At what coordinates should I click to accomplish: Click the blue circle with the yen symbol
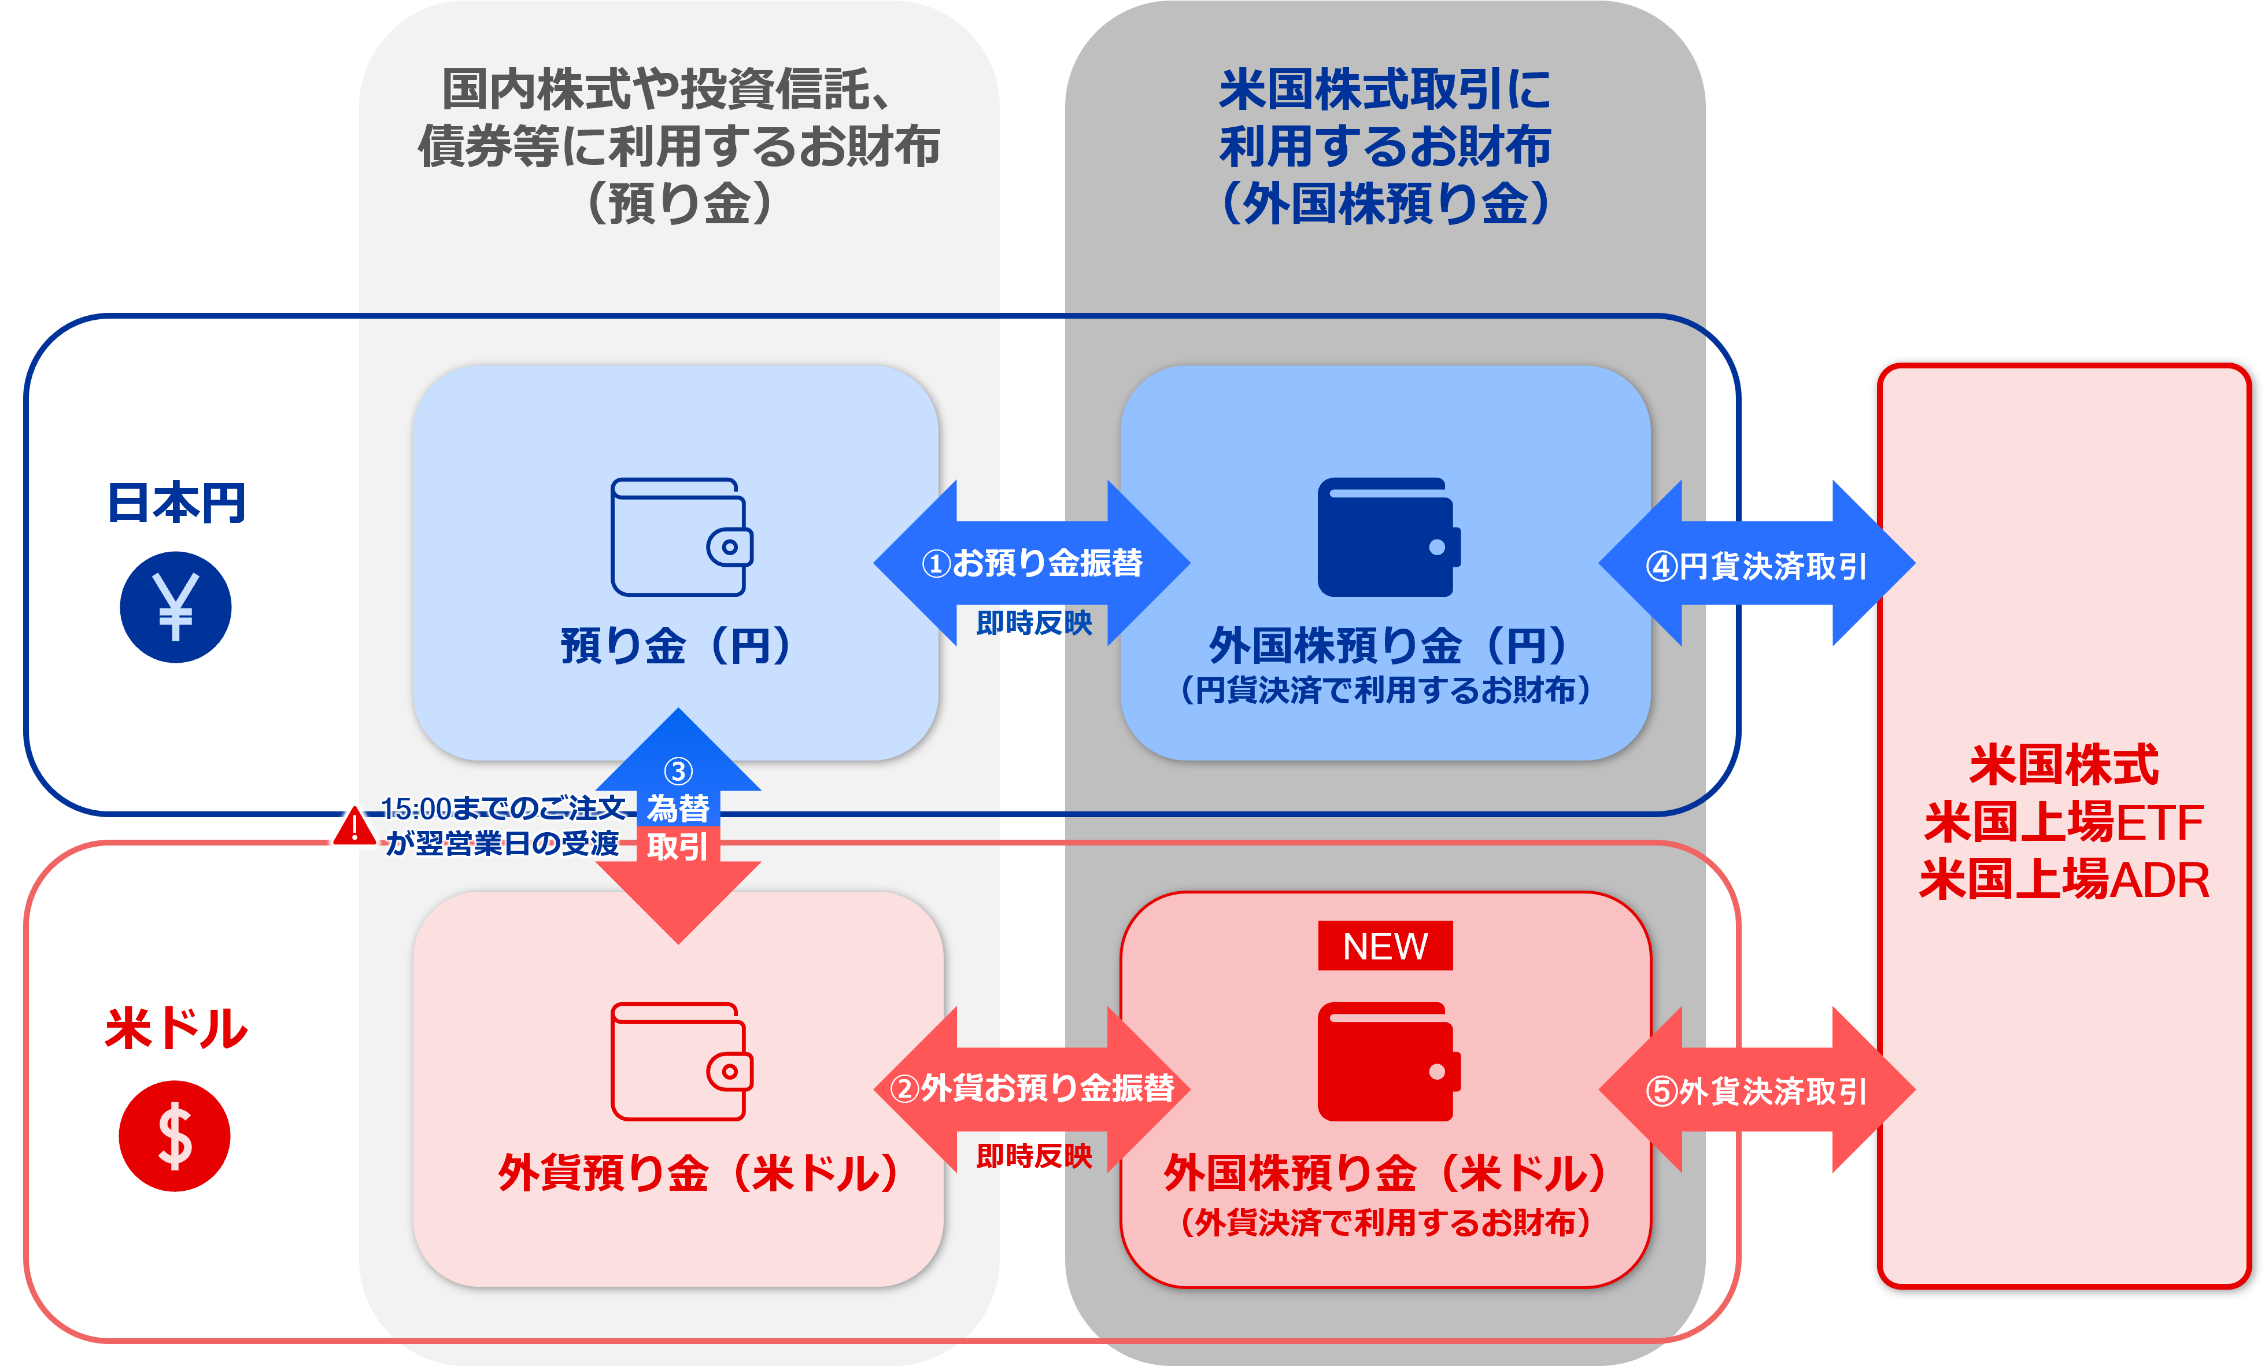[175, 607]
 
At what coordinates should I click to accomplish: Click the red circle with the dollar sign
[175, 1136]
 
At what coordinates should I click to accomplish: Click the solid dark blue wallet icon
[1388, 537]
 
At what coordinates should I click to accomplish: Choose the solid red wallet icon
[1388, 1062]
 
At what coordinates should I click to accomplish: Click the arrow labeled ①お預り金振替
[1032, 563]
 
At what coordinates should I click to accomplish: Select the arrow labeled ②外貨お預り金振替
[1032, 1088]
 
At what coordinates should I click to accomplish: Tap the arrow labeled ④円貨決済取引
[1756, 564]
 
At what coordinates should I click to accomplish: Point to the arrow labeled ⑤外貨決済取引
[1756, 1090]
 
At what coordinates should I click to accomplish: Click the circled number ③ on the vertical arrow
[678, 770]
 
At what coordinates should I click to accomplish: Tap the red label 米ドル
[176, 1028]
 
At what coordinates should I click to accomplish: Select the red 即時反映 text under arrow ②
[1034, 1155]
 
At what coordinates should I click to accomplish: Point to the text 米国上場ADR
[2064, 880]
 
